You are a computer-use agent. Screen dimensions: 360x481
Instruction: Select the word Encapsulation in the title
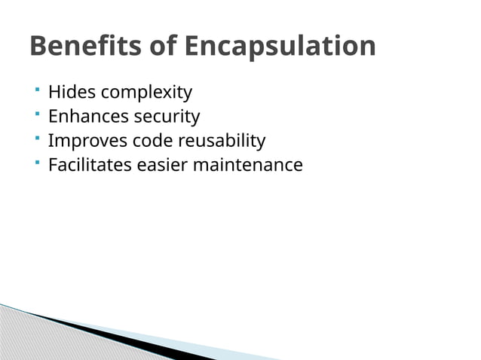pos(280,47)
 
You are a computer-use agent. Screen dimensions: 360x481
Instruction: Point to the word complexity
pos(146,93)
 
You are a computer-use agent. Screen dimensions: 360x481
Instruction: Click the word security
pos(167,117)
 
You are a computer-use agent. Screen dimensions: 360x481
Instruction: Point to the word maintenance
pos(248,164)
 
